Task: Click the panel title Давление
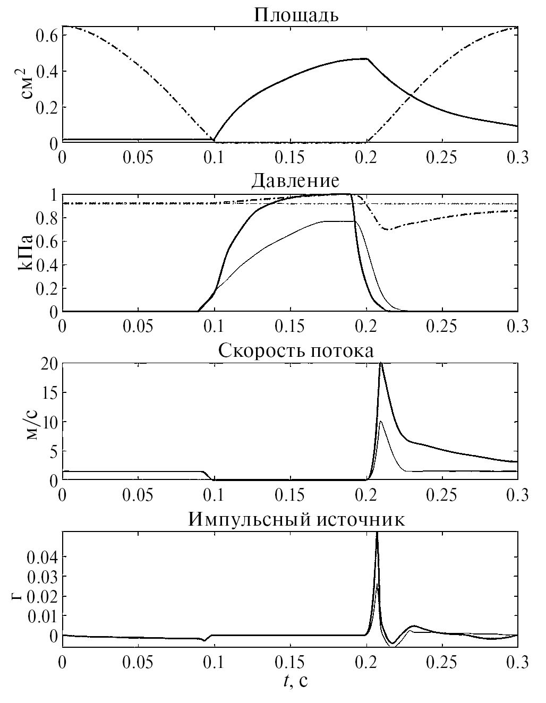pos(295,181)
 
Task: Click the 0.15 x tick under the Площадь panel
pos(289,158)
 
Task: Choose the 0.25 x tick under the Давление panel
pos(441,326)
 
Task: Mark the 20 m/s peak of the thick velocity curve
pos(381,364)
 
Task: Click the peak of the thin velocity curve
pos(381,421)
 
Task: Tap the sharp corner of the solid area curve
pos(367,59)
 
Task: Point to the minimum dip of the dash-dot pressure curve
pos(388,229)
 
